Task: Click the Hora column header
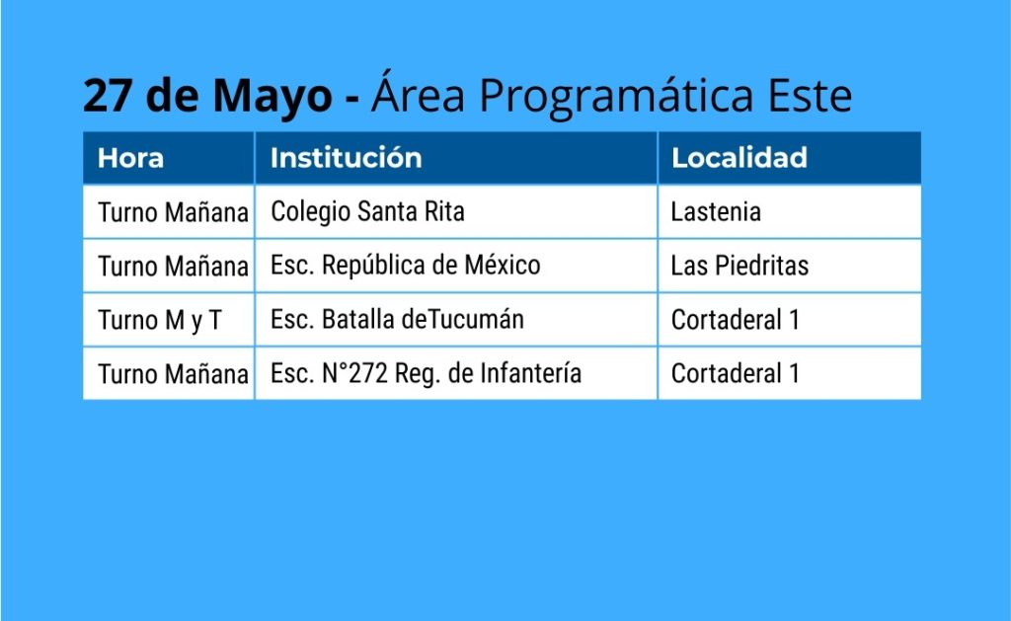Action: (130, 158)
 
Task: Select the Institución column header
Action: (346, 158)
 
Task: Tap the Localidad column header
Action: (739, 158)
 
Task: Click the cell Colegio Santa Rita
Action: (367, 212)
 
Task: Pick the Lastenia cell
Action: (716, 212)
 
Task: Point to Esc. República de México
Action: (405, 266)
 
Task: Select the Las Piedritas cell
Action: (739, 266)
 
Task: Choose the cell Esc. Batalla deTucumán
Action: (397, 319)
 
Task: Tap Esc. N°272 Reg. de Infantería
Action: (427, 374)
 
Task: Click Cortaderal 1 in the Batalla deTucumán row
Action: (735, 320)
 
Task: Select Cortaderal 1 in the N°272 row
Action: (735, 373)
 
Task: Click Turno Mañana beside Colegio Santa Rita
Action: (173, 212)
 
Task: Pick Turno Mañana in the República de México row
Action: (173, 266)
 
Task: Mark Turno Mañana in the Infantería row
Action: (173, 374)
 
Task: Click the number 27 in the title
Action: (108, 96)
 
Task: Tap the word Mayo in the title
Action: (272, 98)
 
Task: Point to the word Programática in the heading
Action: (616, 97)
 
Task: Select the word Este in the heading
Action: (810, 96)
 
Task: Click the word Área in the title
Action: (418, 93)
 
